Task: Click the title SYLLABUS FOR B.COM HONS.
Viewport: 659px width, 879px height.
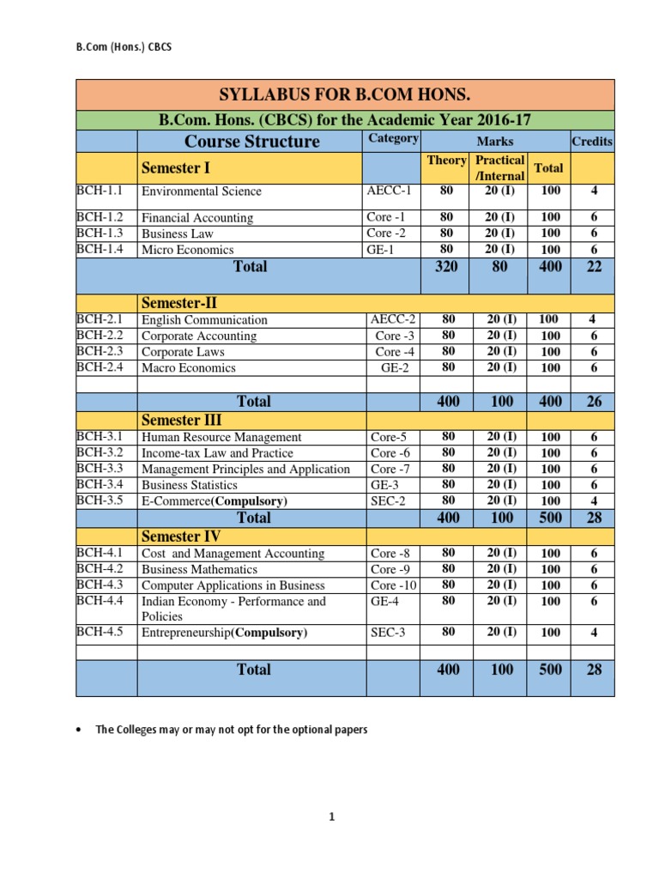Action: pyautogui.click(x=346, y=94)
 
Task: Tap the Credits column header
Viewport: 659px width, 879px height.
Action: pyautogui.click(x=592, y=141)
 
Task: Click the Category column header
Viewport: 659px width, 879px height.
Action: pyautogui.click(x=393, y=138)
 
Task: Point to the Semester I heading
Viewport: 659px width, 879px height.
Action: pyautogui.click(x=175, y=168)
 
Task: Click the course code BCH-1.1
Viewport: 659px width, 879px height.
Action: pyautogui.click(x=100, y=191)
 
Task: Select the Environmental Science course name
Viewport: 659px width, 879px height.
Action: pyautogui.click(x=202, y=191)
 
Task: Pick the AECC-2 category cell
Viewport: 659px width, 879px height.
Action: pyautogui.click(x=394, y=319)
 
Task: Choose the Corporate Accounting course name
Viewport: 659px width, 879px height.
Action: pyautogui.click(x=199, y=336)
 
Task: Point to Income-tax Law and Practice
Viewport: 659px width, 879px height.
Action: pyautogui.click(x=217, y=452)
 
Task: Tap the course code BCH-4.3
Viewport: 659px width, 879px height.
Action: pyautogui.click(x=100, y=585)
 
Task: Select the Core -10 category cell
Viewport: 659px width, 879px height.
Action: pyautogui.click(x=393, y=585)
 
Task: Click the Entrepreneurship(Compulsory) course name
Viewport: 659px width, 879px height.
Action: pyautogui.click(x=224, y=633)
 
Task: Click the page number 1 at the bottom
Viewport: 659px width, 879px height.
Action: pyautogui.click(x=330, y=817)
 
